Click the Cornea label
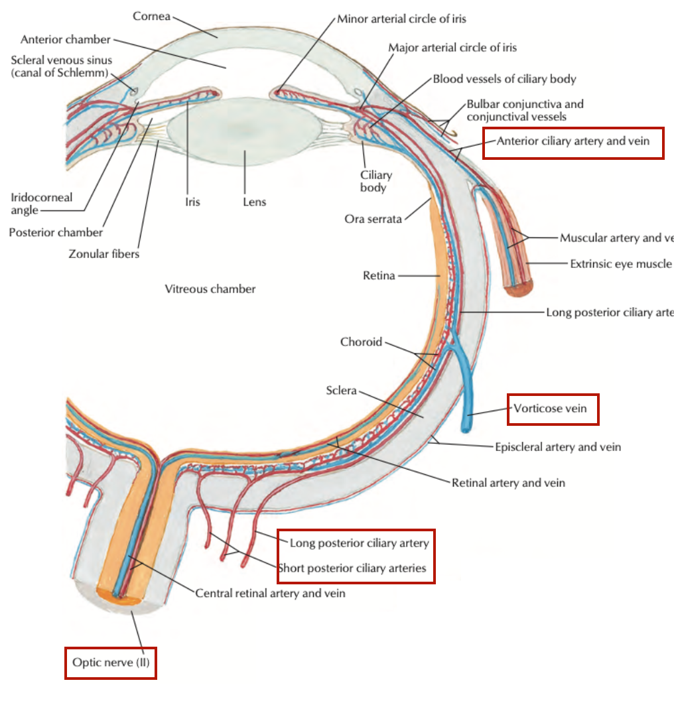point(152,15)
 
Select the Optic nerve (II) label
point(111,662)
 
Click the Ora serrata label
point(373,218)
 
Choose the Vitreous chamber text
point(210,289)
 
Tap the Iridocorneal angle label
point(41,204)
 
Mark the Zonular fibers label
point(104,253)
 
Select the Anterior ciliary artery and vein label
point(573,141)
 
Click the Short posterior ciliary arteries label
point(352,568)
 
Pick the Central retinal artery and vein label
point(270,593)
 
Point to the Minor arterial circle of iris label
point(401,19)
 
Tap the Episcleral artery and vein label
point(558,447)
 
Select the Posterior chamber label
point(56,232)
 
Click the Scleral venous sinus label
point(62,66)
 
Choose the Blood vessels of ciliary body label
point(504,79)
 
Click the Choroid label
point(361,342)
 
